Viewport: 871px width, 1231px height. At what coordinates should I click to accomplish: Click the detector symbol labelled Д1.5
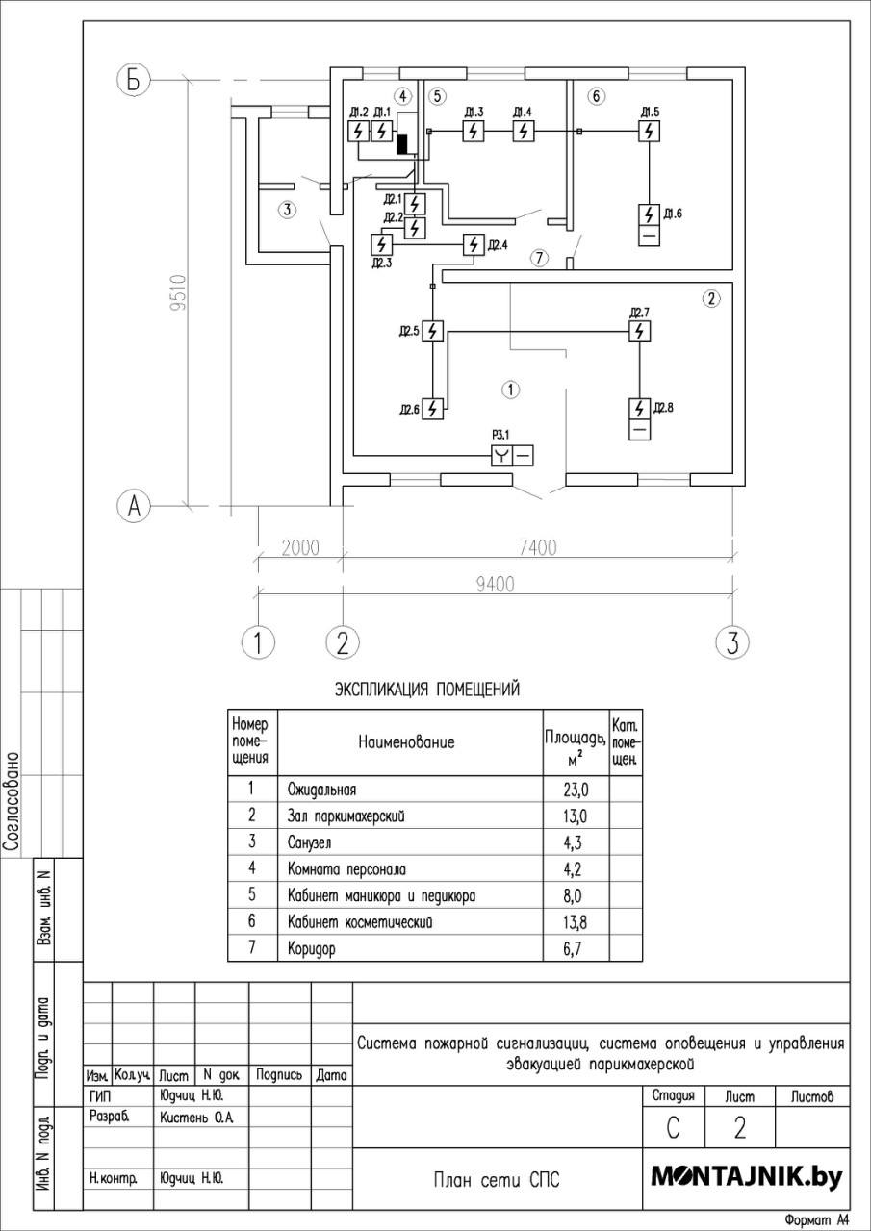point(649,132)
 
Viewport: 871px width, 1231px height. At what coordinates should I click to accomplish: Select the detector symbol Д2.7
point(639,332)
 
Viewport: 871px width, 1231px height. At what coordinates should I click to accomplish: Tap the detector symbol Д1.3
point(473,132)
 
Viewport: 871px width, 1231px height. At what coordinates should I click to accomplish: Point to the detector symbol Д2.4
point(474,244)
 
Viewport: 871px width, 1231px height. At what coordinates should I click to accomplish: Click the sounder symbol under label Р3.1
point(512,456)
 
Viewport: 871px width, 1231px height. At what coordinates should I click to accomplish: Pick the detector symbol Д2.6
point(433,409)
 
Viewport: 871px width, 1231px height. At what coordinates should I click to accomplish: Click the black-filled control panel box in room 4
point(402,143)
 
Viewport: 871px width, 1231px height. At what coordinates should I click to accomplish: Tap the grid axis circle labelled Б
point(134,81)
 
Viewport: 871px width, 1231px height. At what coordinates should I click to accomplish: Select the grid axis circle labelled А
point(134,506)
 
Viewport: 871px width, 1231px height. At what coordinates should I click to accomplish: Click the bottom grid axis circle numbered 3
point(731,641)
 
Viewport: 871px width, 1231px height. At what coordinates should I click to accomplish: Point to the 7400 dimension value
point(538,548)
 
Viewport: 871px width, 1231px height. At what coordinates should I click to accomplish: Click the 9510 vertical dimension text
point(179,292)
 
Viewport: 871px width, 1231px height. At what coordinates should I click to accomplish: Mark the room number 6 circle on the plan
point(596,97)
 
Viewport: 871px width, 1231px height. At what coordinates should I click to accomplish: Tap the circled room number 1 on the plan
point(511,389)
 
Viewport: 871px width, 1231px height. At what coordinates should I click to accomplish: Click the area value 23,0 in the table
point(576,790)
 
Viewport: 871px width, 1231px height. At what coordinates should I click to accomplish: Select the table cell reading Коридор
point(311,948)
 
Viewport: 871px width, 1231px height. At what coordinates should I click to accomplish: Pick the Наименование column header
point(407,741)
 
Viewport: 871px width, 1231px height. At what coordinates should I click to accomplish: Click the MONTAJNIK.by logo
point(747,1176)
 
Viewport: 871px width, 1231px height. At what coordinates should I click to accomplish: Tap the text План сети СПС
point(497,1180)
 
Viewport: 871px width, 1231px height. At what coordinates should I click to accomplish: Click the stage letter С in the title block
point(673,1128)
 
